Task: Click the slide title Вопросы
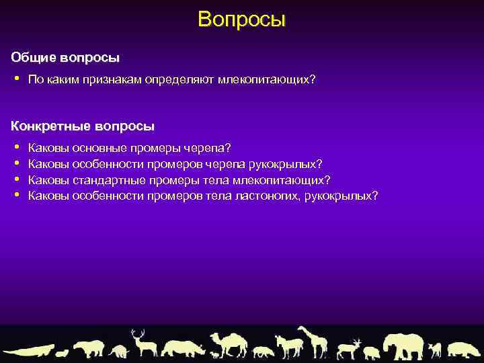242,19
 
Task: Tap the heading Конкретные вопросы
83,126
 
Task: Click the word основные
97,147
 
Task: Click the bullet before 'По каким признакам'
16,79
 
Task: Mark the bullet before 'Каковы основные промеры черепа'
16,147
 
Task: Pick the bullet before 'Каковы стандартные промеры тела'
16,179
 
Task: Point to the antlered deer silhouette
143,344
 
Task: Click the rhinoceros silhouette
183,348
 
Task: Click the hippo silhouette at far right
465,349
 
